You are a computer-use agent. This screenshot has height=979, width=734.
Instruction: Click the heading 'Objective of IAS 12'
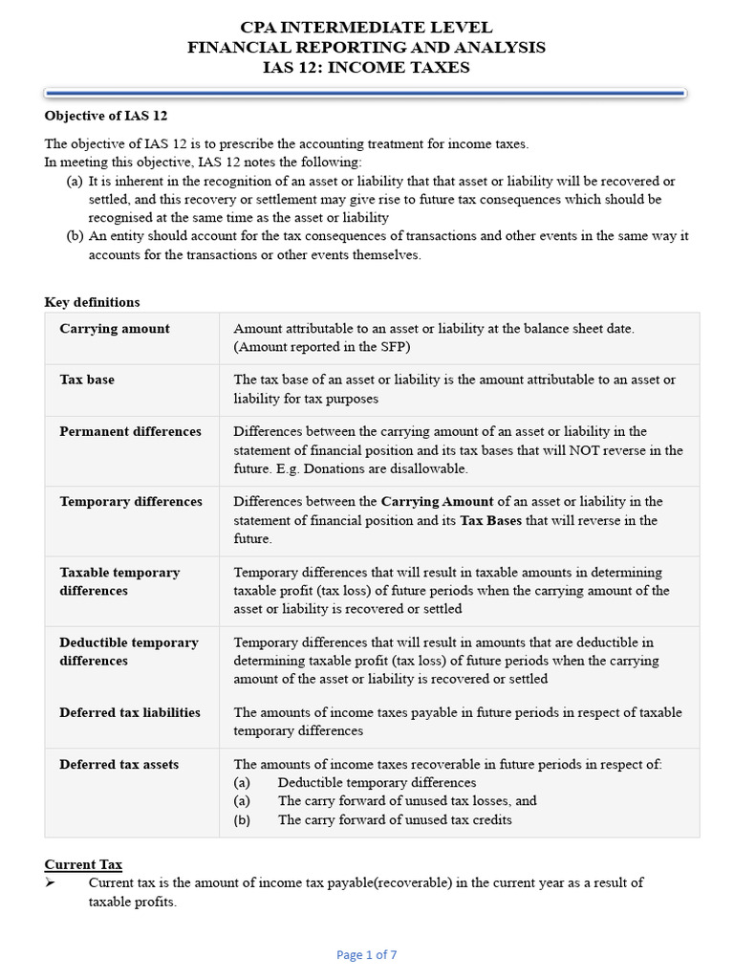(106, 116)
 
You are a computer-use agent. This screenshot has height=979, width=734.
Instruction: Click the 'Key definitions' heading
(92, 302)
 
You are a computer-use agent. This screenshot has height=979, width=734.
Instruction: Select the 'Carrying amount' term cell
(115, 329)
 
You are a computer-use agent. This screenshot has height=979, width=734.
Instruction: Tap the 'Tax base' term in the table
(87, 380)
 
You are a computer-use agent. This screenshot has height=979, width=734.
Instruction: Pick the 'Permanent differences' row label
(131, 431)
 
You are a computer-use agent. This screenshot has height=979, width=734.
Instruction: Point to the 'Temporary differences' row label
(131, 501)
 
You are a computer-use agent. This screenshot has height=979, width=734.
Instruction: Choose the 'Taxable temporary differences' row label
(119, 581)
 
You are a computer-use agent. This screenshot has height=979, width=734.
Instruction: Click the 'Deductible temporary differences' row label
(129, 651)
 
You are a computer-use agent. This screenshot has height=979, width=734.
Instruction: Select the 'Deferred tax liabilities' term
(130, 712)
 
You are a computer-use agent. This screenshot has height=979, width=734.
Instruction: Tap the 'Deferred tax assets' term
(119, 764)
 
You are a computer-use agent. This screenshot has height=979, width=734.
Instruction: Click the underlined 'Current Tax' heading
(83, 864)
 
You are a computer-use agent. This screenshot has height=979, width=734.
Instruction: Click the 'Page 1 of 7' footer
(367, 954)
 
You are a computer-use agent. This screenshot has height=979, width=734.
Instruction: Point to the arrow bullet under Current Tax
(51, 882)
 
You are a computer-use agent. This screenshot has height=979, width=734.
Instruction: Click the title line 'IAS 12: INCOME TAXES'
(367, 67)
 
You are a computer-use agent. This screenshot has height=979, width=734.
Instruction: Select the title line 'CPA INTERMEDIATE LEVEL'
(367, 27)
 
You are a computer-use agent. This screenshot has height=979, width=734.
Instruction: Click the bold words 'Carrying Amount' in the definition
(438, 501)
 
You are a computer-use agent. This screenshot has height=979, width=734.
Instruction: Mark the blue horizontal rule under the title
(367, 93)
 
